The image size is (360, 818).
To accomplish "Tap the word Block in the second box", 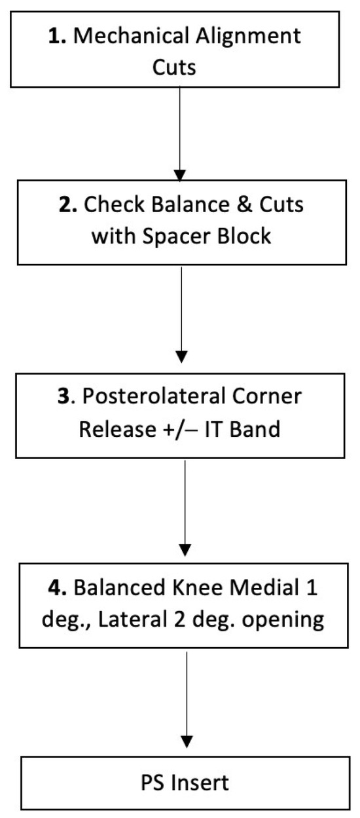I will click(x=243, y=235).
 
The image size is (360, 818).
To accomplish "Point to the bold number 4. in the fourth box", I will click(x=58, y=587).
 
